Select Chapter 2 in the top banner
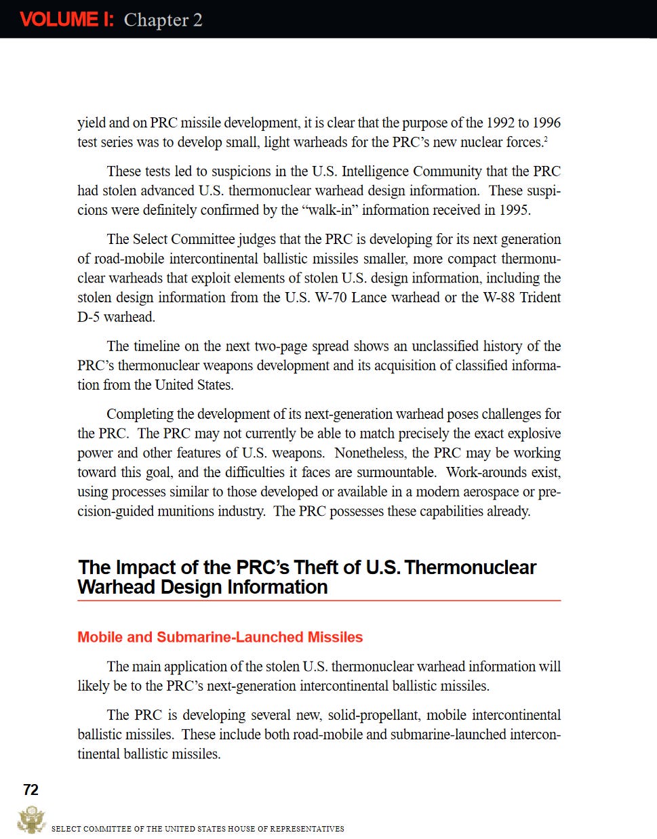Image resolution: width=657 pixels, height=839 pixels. (163, 20)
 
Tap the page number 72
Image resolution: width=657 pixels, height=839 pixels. (31, 790)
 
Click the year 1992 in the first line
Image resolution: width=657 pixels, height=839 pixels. (500, 123)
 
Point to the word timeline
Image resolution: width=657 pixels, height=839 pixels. (157, 346)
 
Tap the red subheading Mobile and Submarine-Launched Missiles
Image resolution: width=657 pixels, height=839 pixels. (220, 637)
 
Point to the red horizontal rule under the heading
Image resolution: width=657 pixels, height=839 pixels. (319, 600)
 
